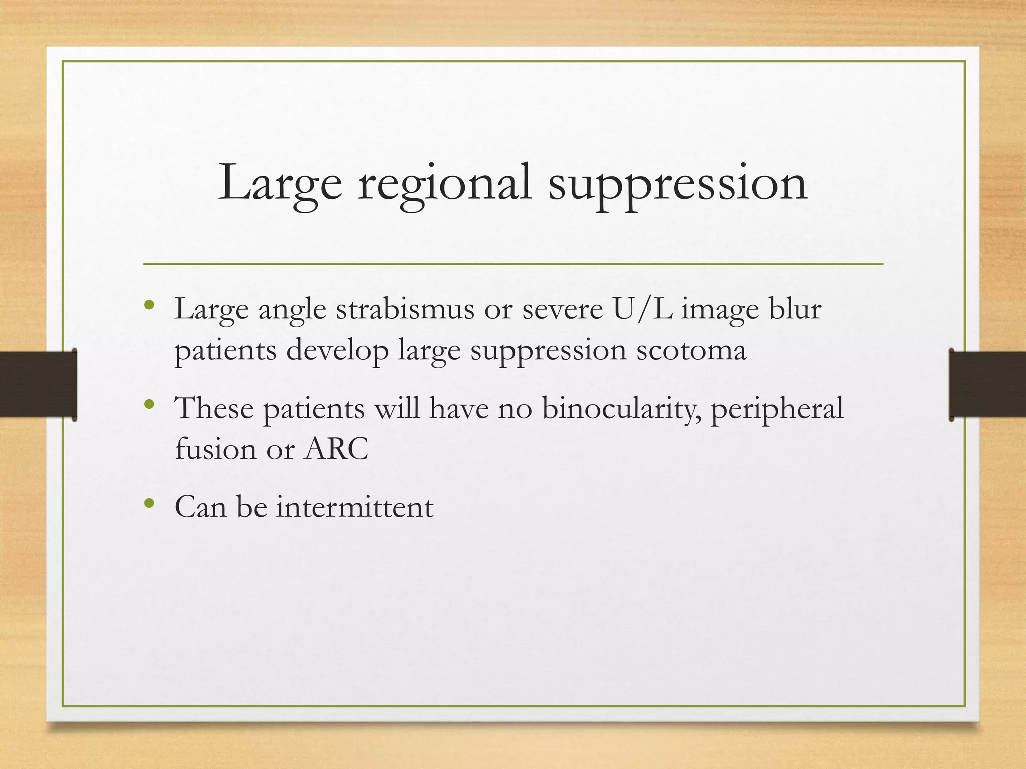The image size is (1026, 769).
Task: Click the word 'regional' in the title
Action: click(x=444, y=184)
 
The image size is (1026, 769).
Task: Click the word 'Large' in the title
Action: click(x=280, y=184)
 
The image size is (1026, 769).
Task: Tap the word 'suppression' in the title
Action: click(x=677, y=184)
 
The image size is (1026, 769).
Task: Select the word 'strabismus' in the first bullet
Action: click(x=405, y=309)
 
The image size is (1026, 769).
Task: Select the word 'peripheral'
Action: click(x=777, y=408)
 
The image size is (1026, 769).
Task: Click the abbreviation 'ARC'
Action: click(x=336, y=449)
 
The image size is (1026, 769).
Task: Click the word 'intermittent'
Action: click(x=355, y=507)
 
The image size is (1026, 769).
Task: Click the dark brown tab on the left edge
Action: click(x=38, y=384)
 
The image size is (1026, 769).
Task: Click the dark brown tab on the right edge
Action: click(x=987, y=384)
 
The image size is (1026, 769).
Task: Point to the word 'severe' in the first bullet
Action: click(x=562, y=309)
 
